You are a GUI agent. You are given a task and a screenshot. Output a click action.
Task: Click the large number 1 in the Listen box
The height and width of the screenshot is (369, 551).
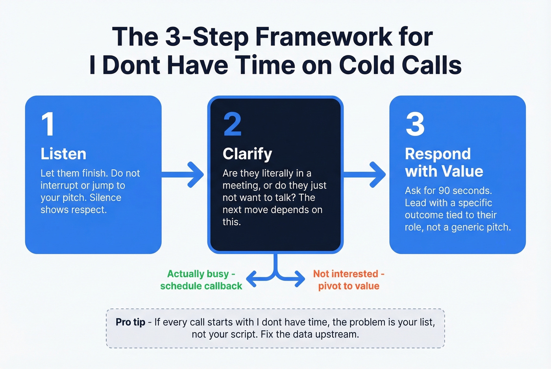pos(48,124)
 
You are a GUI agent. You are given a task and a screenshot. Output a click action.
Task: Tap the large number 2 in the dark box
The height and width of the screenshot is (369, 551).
pos(232,124)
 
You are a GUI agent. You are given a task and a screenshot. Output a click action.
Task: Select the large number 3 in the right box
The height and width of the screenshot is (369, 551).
pos(415,124)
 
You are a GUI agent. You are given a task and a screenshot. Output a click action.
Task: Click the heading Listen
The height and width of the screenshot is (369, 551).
pos(63,154)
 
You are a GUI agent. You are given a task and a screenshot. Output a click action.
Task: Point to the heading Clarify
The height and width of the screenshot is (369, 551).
pos(247,154)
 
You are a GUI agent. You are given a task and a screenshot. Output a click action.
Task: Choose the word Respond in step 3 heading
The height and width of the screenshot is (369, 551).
pos(438,154)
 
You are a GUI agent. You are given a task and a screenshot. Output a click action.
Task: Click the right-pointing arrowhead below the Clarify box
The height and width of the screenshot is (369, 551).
pos(299,279)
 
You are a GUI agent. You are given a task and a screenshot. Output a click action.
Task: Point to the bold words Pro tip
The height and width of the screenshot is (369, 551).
pos(130,322)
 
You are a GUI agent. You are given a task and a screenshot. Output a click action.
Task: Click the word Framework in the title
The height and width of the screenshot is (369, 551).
pos(324,37)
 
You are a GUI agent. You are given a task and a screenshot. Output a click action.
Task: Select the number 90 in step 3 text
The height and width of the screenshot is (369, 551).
pos(444,191)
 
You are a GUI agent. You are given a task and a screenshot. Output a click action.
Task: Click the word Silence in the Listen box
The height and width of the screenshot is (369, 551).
pos(105,198)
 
